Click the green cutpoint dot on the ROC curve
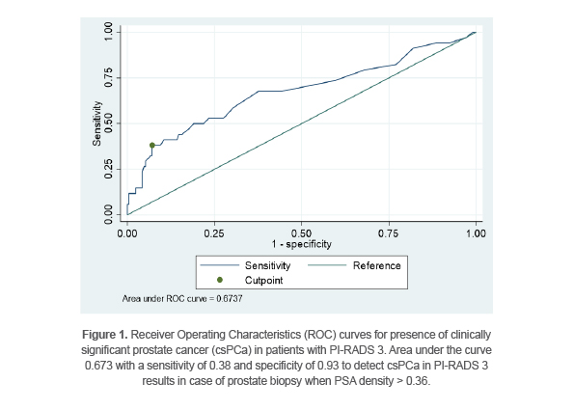[x=152, y=146]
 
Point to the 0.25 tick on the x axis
[x=214, y=232]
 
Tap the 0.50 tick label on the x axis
[x=302, y=232]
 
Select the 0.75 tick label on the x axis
[x=389, y=232]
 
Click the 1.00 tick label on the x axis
[x=476, y=232]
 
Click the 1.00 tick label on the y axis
[x=108, y=33]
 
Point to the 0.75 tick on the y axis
[x=108, y=78]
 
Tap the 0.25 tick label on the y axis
[x=108, y=169]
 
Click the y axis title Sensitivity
[x=96, y=123]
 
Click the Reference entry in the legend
[x=376, y=264]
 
